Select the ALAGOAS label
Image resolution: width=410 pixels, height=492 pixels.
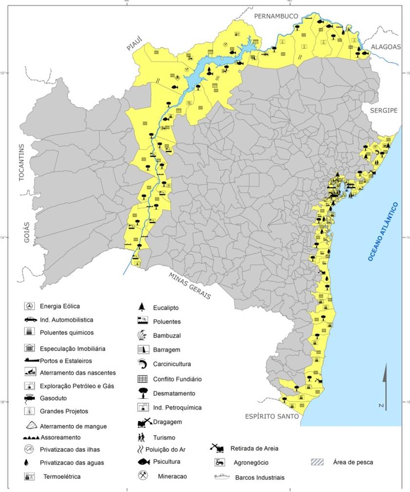pyautogui.click(x=386, y=47)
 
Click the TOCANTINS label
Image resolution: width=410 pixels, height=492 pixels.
pyautogui.click(x=21, y=163)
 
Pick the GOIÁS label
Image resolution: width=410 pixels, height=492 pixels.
pyautogui.click(x=26, y=232)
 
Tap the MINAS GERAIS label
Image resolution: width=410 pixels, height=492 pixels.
pyautogui.click(x=190, y=285)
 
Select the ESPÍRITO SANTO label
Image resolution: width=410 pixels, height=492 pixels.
pyautogui.click(x=272, y=416)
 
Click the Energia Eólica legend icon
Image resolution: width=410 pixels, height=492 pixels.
pyautogui.click(x=30, y=306)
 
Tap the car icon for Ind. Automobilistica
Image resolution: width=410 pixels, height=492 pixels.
pyautogui.click(x=30, y=320)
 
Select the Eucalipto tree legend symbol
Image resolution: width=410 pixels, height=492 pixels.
pyautogui.click(x=142, y=307)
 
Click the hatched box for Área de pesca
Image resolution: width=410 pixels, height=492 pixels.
pyautogui.click(x=317, y=462)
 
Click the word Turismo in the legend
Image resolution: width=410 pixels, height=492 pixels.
pyautogui.click(x=164, y=437)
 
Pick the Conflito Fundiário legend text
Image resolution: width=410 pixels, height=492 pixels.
pyautogui.click(x=177, y=379)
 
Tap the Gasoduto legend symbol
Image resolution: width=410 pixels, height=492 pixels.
pyautogui.click(x=30, y=398)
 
